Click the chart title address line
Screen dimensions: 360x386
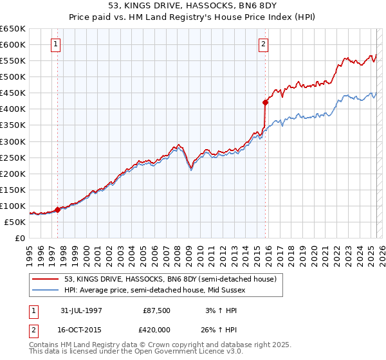(x=193, y=6)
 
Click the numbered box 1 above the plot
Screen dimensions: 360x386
(x=57, y=44)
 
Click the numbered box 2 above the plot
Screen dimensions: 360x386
(x=264, y=44)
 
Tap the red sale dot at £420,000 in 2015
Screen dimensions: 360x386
(x=265, y=102)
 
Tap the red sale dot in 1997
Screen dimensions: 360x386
(x=58, y=209)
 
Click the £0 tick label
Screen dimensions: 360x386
(x=21, y=238)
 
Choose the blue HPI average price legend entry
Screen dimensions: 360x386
(x=154, y=291)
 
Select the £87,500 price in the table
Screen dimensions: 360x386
(x=157, y=310)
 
